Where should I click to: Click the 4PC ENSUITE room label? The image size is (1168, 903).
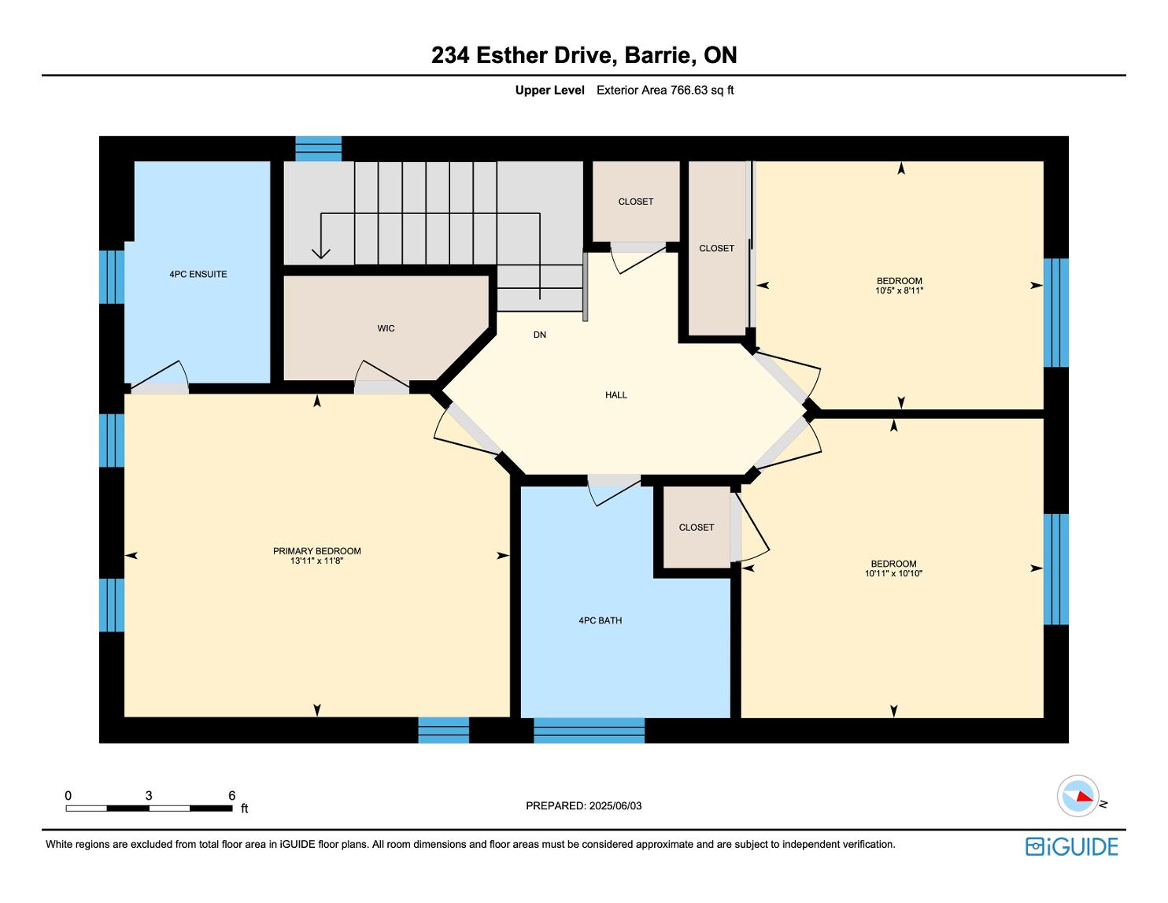198,274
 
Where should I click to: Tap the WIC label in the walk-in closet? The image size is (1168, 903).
386,328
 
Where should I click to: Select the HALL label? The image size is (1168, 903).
616,395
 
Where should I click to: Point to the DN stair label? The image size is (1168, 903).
540,335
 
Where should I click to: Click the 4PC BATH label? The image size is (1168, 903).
600,620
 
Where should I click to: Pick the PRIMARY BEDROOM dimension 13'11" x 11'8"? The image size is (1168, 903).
316,561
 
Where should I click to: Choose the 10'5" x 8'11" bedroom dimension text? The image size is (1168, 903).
900,291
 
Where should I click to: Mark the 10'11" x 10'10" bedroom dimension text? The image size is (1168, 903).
893,573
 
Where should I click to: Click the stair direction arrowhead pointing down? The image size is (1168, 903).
321,254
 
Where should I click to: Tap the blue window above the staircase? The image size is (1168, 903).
318,149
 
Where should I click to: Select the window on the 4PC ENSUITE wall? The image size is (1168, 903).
112,277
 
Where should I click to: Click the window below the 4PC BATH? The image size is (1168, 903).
589,731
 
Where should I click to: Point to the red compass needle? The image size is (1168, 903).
1085,796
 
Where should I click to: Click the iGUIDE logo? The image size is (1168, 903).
1071,846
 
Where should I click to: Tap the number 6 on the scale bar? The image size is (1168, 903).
231,795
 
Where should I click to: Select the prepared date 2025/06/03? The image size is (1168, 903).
615,805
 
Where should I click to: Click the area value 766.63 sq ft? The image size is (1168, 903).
702,91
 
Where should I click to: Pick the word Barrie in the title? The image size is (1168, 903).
658,55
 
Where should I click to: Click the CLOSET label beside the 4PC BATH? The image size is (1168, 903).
696,527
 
